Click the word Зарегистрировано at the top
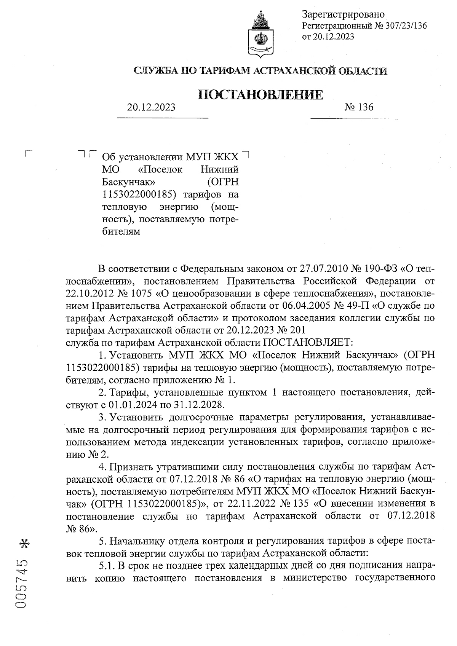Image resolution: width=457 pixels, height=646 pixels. [x=343, y=14]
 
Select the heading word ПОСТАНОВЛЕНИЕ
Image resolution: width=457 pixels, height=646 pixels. [x=261, y=94]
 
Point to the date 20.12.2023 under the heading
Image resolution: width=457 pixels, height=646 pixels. [x=151, y=107]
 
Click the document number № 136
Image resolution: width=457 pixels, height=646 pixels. [x=359, y=107]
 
